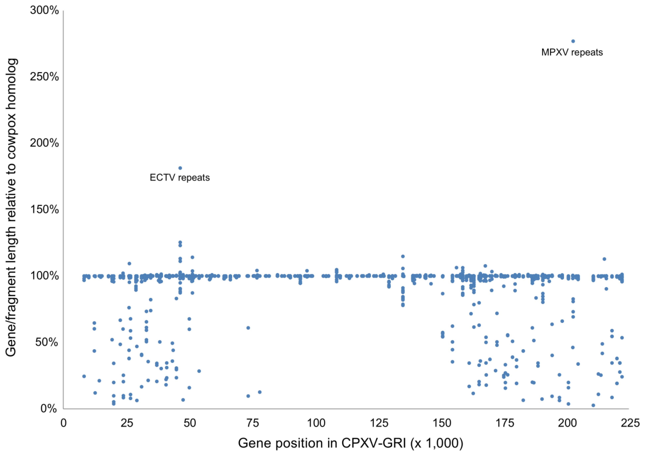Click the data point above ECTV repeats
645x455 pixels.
[x=180, y=168]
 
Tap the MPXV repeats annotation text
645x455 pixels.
[x=572, y=53]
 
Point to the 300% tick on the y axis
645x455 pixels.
[x=44, y=11]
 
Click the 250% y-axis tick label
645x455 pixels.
[x=44, y=77]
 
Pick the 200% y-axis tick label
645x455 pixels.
[x=44, y=143]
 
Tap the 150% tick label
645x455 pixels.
[x=44, y=210]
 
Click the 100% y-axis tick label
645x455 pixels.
[x=44, y=276]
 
